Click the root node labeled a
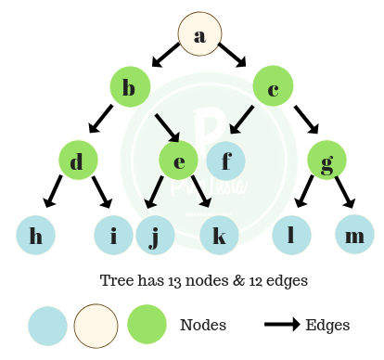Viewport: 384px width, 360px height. click(199, 35)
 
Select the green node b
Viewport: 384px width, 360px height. click(130, 88)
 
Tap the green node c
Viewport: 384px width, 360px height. click(273, 88)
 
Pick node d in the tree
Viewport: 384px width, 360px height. click(77, 161)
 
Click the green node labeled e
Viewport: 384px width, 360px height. click(179, 161)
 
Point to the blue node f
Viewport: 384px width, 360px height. click(225, 161)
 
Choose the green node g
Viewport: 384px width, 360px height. click(328, 161)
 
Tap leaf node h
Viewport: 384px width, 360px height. click(36, 236)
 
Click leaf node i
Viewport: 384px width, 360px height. click(113, 236)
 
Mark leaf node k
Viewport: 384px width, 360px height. click(219, 236)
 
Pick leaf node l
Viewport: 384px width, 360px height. click(291, 236)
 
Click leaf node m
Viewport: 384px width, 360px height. click(354, 236)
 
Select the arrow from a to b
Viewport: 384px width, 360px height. click(165, 58)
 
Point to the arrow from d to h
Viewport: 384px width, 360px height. click(53, 195)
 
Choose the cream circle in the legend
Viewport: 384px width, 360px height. click(96, 327)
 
